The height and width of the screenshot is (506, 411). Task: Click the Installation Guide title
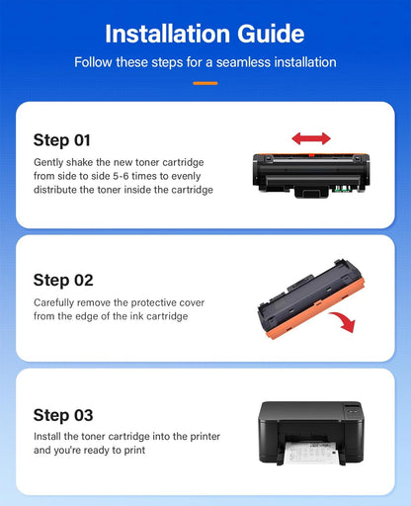tap(205, 34)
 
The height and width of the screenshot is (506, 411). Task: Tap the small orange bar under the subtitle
tap(205, 83)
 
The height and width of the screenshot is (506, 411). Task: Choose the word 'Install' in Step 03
tap(47, 436)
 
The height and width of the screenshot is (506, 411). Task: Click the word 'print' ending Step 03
tap(134, 450)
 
